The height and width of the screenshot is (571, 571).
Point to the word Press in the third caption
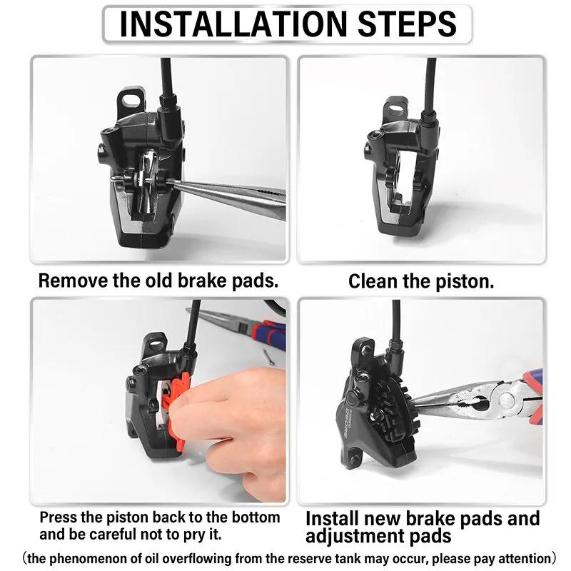pos(58,517)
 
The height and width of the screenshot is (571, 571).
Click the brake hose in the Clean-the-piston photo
pos(431,86)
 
